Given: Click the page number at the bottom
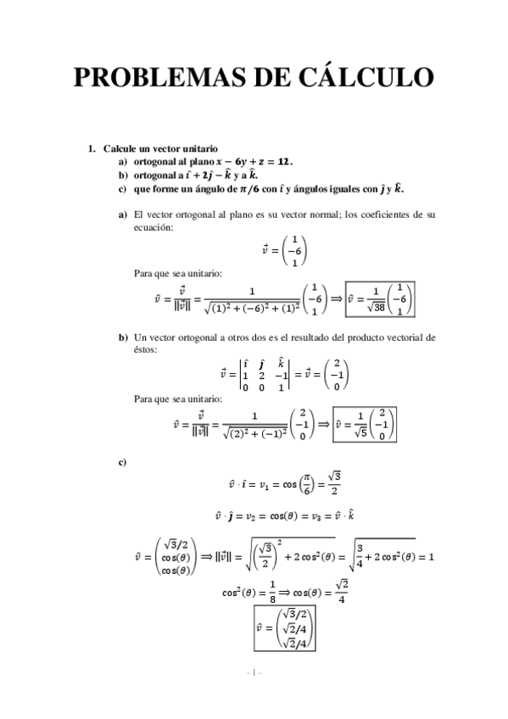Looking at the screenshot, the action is pos(254,672).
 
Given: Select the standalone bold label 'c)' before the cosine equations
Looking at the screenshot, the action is pos(123,461).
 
